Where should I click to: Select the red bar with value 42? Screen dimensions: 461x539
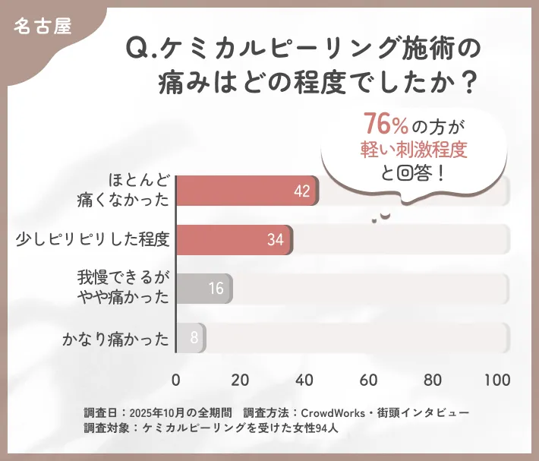[247, 191]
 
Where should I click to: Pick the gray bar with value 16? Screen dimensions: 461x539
[204, 289]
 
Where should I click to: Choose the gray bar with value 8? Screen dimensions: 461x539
[191, 337]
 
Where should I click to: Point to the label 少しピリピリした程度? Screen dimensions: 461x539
[93, 240]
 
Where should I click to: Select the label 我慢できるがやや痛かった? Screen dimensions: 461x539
[125, 288]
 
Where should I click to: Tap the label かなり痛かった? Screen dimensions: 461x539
[115, 337]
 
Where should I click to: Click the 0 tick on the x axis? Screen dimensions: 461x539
[176, 380]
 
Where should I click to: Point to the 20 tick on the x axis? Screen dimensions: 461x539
[241, 380]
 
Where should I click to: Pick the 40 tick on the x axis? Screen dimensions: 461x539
[305, 380]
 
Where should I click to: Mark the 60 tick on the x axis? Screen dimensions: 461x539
[370, 380]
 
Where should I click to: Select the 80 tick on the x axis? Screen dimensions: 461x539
[433, 380]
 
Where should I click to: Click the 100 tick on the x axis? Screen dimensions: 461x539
[497, 380]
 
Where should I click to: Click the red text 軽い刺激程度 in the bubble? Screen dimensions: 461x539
[413, 148]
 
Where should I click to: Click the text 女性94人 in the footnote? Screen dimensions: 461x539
[302, 428]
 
